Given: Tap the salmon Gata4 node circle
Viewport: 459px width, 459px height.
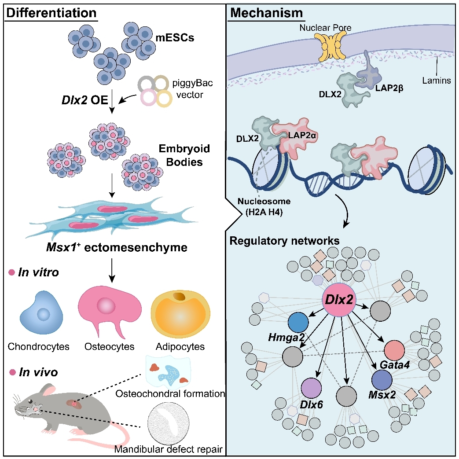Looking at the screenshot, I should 394,350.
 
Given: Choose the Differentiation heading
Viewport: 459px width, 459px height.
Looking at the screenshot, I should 51,13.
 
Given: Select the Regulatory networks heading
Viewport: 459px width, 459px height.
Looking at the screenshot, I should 284,241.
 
